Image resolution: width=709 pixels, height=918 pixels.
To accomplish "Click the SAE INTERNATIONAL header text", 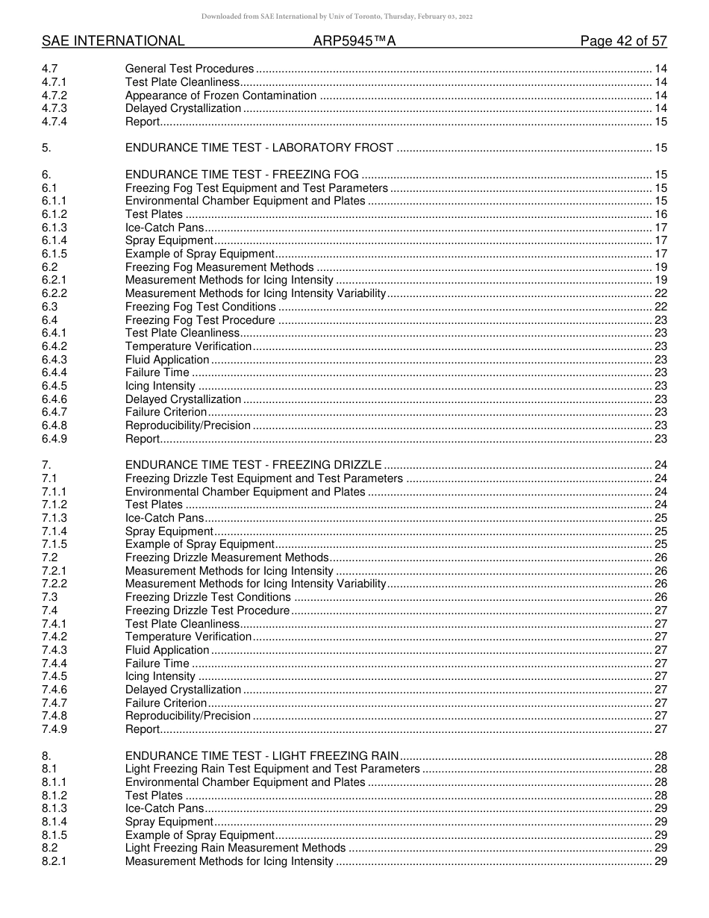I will pyautogui.click(x=113, y=41).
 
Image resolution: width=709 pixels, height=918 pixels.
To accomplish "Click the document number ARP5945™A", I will pyautogui.click(x=354, y=41).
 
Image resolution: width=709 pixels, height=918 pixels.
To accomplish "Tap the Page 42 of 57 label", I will pyautogui.click(x=623, y=41).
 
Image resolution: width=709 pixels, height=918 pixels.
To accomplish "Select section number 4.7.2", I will pyautogui.click(x=54, y=96).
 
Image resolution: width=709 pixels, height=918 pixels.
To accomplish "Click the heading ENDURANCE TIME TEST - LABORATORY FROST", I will pyautogui.click(x=259, y=148).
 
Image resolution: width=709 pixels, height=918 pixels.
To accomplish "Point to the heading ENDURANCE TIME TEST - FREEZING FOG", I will pyautogui.click(x=242, y=175).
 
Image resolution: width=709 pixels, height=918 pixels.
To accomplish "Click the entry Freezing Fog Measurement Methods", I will pyautogui.click(x=219, y=267).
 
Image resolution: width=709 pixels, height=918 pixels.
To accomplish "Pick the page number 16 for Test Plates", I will pyautogui.click(x=660, y=214).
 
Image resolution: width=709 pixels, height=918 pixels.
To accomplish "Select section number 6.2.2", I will pyautogui.click(x=54, y=293).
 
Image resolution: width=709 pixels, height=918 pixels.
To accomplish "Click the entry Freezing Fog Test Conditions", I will pyautogui.click(x=200, y=307).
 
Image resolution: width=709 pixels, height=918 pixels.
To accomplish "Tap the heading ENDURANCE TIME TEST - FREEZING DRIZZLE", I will pyautogui.click(x=253, y=465).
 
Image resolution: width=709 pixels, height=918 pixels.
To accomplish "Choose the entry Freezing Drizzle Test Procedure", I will pyautogui.click(x=207, y=611).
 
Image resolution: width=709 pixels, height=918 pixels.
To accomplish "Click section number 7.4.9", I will pyautogui.click(x=54, y=729).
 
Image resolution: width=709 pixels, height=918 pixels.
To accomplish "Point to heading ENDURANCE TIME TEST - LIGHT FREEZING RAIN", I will pyautogui.click(x=261, y=756).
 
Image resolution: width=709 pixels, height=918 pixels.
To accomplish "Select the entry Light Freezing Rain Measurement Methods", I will pyautogui.click(x=235, y=848).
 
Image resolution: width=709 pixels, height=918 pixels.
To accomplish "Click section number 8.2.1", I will pyautogui.click(x=54, y=861).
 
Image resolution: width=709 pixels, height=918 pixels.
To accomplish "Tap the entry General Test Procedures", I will pyautogui.click(x=190, y=69).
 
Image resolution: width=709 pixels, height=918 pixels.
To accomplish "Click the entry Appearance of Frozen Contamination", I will pyautogui.click(x=221, y=96).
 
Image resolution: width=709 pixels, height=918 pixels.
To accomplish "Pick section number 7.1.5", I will pyautogui.click(x=54, y=544).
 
